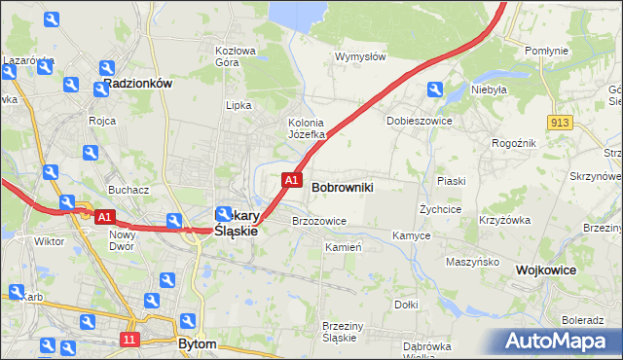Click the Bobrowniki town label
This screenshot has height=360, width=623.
click(x=342, y=185)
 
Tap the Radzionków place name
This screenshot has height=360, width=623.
click(x=137, y=84)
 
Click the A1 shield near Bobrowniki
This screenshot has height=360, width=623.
click(x=290, y=179)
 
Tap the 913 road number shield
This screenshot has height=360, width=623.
click(x=559, y=123)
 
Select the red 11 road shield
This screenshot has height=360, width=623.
click(x=129, y=338)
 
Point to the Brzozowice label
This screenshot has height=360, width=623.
click(x=319, y=221)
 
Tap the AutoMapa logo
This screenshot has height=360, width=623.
click(x=559, y=342)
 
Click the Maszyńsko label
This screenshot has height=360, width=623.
click(x=472, y=262)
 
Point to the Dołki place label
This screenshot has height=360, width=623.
click(x=406, y=305)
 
